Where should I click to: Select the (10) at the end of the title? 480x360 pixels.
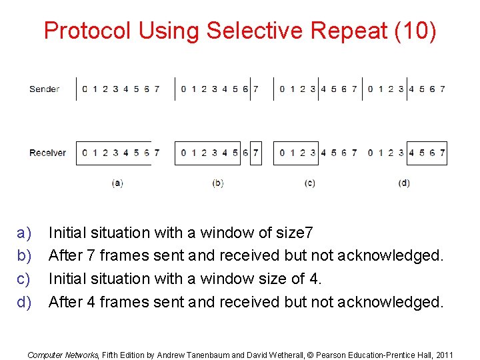pyautogui.click(x=416, y=31)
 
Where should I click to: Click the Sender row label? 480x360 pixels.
pyautogui.click(x=45, y=89)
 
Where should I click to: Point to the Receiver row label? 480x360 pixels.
pyautogui.click(x=47, y=153)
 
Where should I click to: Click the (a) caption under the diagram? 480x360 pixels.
pyautogui.click(x=117, y=183)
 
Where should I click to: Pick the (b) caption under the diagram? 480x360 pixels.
pyautogui.click(x=217, y=183)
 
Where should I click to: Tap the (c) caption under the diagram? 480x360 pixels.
pyautogui.click(x=309, y=183)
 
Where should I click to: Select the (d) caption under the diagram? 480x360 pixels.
pyautogui.click(x=404, y=183)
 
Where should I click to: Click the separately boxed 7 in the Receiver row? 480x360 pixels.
pyautogui.click(x=256, y=153)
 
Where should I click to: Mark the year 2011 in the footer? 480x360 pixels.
pyautogui.click(x=443, y=355)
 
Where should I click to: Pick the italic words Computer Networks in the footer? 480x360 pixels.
pyautogui.click(x=63, y=355)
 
